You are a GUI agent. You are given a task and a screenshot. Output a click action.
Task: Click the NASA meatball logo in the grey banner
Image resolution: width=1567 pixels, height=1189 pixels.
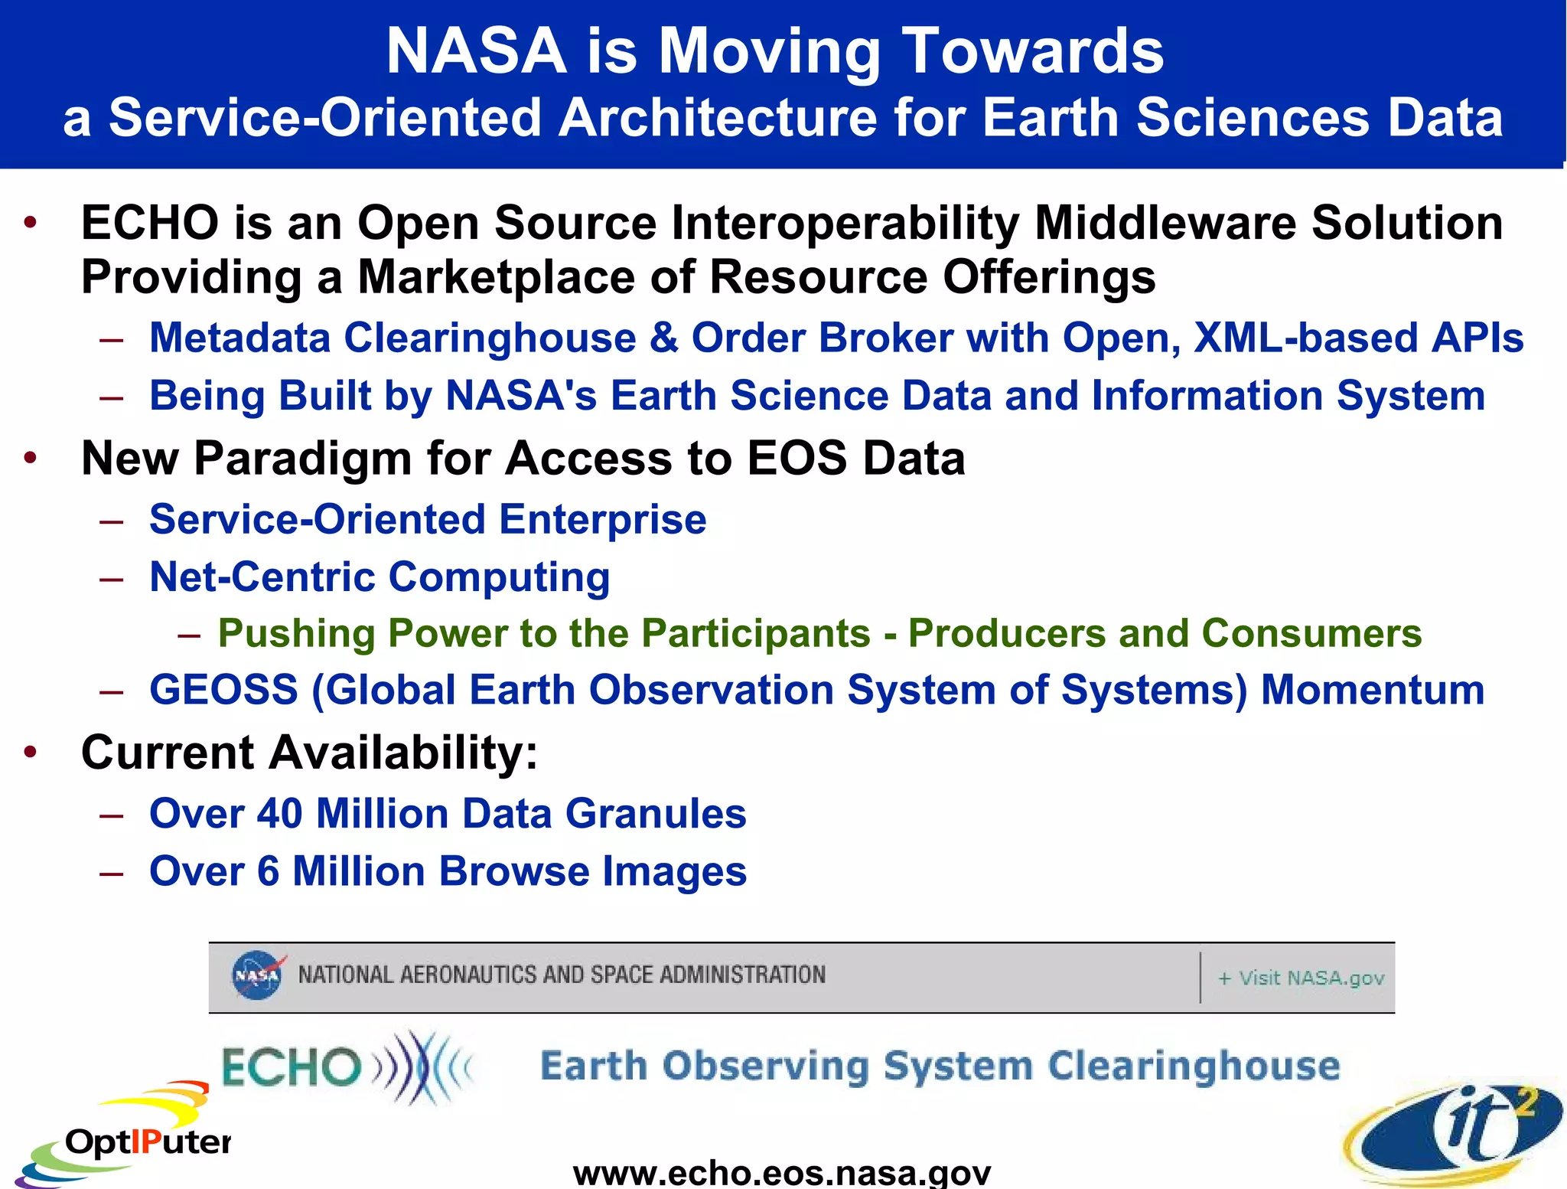[x=257, y=975]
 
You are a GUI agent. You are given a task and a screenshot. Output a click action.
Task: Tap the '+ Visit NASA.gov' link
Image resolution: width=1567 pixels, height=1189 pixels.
[x=1301, y=978]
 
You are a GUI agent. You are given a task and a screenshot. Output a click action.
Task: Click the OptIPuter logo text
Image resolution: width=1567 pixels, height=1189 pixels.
[x=148, y=1142]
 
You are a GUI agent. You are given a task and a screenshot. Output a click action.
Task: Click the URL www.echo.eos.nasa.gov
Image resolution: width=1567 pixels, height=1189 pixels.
[x=781, y=1172]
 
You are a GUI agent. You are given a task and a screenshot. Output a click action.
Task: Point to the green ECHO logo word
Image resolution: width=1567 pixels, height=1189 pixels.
[x=291, y=1067]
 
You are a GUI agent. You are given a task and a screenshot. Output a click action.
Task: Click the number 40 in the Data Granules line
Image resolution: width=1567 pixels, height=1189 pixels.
[x=279, y=813]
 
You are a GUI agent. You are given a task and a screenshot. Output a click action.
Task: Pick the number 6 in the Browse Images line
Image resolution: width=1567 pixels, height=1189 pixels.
[x=268, y=871]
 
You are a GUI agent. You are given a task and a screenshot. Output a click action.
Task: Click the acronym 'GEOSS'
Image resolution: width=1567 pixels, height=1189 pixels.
[x=223, y=690]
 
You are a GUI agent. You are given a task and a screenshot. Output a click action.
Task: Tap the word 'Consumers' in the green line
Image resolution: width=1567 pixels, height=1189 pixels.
[x=1311, y=633]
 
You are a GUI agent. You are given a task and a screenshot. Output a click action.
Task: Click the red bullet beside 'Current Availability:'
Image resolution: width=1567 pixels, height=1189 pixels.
[x=30, y=753]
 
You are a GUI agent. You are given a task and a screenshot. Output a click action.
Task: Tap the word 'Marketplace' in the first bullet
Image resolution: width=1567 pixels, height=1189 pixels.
[x=496, y=276]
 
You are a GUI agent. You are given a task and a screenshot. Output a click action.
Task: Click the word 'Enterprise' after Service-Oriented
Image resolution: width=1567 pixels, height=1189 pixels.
[x=602, y=519]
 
